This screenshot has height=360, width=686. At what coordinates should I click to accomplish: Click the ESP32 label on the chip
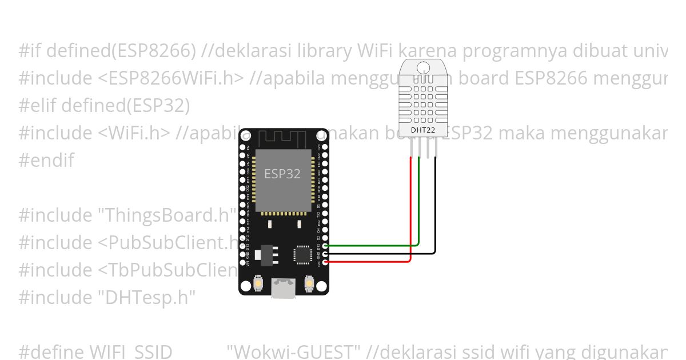pyautogui.click(x=282, y=174)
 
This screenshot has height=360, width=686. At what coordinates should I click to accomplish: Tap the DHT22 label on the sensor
pyautogui.click(x=424, y=130)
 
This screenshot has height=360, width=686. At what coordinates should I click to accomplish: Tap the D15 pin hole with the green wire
pyautogui.click(x=325, y=245)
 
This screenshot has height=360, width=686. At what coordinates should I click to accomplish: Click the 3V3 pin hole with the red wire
pyautogui.click(x=325, y=262)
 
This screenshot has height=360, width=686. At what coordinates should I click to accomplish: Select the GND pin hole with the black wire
pyautogui.click(x=325, y=254)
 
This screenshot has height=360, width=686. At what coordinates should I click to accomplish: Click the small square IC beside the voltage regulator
pyautogui.click(x=302, y=254)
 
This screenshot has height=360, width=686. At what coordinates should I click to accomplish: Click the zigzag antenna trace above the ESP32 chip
pyautogui.click(x=282, y=139)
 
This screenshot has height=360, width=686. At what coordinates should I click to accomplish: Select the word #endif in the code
pyautogui.click(x=46, y=161)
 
